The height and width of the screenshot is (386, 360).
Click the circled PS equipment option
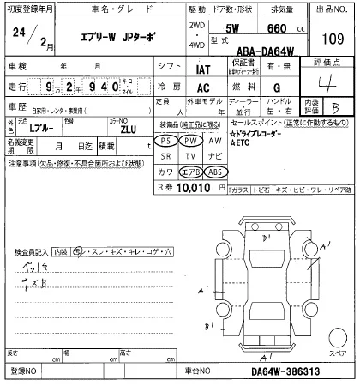(166, 140)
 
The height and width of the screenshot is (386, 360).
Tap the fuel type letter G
(276, 88)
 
